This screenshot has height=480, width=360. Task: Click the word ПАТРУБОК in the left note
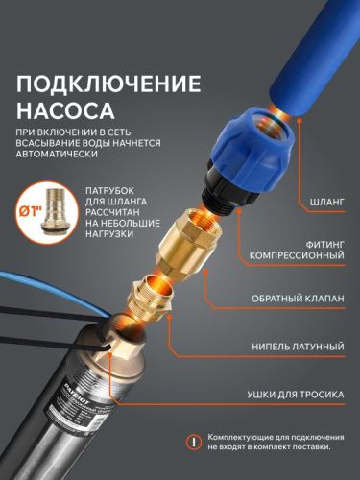(116, 191)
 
